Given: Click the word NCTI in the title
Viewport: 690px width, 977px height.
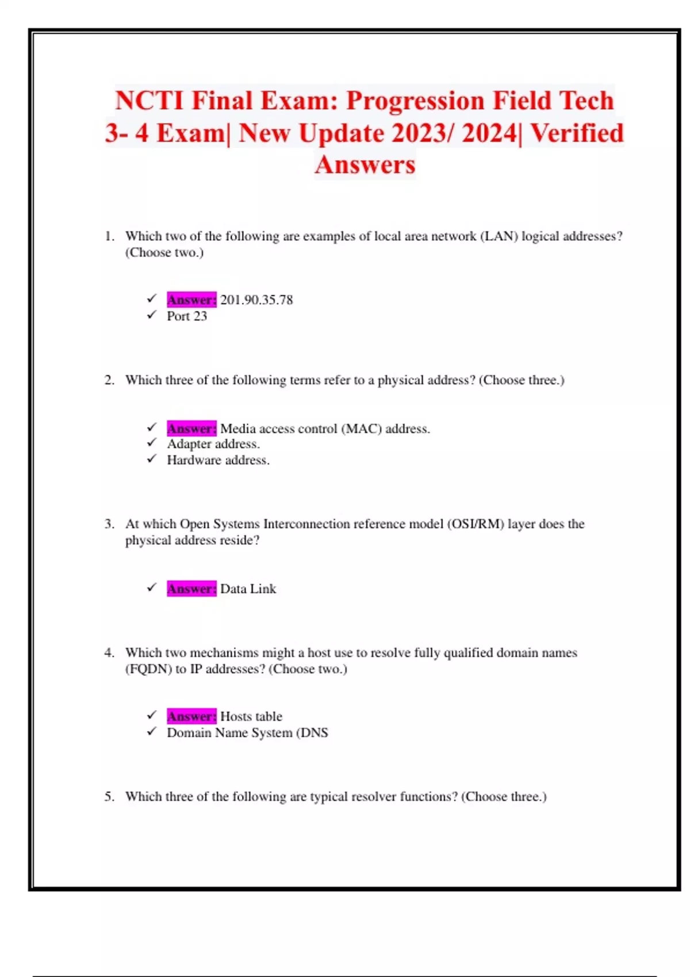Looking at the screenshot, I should (x=149, y=101).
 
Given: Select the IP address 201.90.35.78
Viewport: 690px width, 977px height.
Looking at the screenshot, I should (x=256, y=300).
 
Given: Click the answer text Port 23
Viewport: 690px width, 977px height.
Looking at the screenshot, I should (x=187, y=316).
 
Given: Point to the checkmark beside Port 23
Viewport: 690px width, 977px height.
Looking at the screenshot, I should (x=152, y=315).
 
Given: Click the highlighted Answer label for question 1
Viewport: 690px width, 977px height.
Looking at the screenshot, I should (x=191, y=300).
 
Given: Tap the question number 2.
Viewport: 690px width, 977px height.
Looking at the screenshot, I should (x=109, y=380).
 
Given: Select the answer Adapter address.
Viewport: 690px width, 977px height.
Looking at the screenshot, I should (x=213, y=444).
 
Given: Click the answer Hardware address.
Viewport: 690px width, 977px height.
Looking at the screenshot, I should (x=218, y=460).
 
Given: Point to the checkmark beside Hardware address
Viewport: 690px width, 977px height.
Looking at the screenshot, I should (x=152, y=459).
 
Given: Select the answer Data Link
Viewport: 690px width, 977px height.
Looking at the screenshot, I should (x=248, y=589).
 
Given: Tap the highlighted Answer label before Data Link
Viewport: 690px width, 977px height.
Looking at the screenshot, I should (x=191, y=589).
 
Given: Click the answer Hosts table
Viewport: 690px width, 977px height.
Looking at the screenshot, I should (x=251, y=717).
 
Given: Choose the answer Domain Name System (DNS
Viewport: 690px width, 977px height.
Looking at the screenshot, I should (x=247, y=733).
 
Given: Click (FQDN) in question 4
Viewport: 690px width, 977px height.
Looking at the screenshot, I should (x=148, y=669).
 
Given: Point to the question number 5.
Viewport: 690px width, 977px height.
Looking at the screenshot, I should (x=109, y=797).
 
